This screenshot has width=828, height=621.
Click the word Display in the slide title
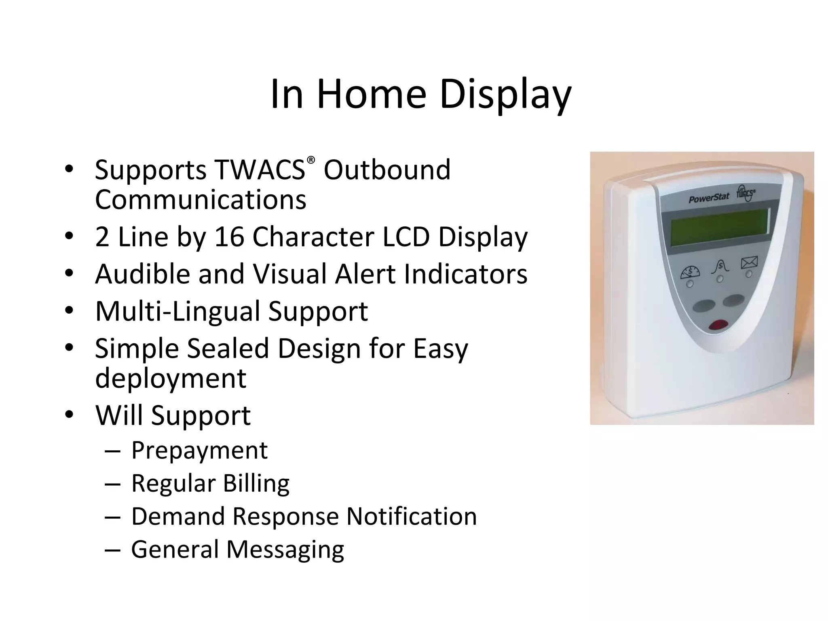[505, 95]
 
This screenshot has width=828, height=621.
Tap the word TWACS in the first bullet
[260, 169]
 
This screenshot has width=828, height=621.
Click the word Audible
[142, 274]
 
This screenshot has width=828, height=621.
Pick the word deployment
[170, 378]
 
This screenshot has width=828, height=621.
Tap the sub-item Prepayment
[199, 450]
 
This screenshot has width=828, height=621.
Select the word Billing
[256, 483]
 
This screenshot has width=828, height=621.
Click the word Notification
[412, 516]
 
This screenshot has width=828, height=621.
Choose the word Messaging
[285, 549]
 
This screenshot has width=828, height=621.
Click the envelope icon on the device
[749, 263]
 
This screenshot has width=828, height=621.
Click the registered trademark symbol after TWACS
[310, 160]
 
